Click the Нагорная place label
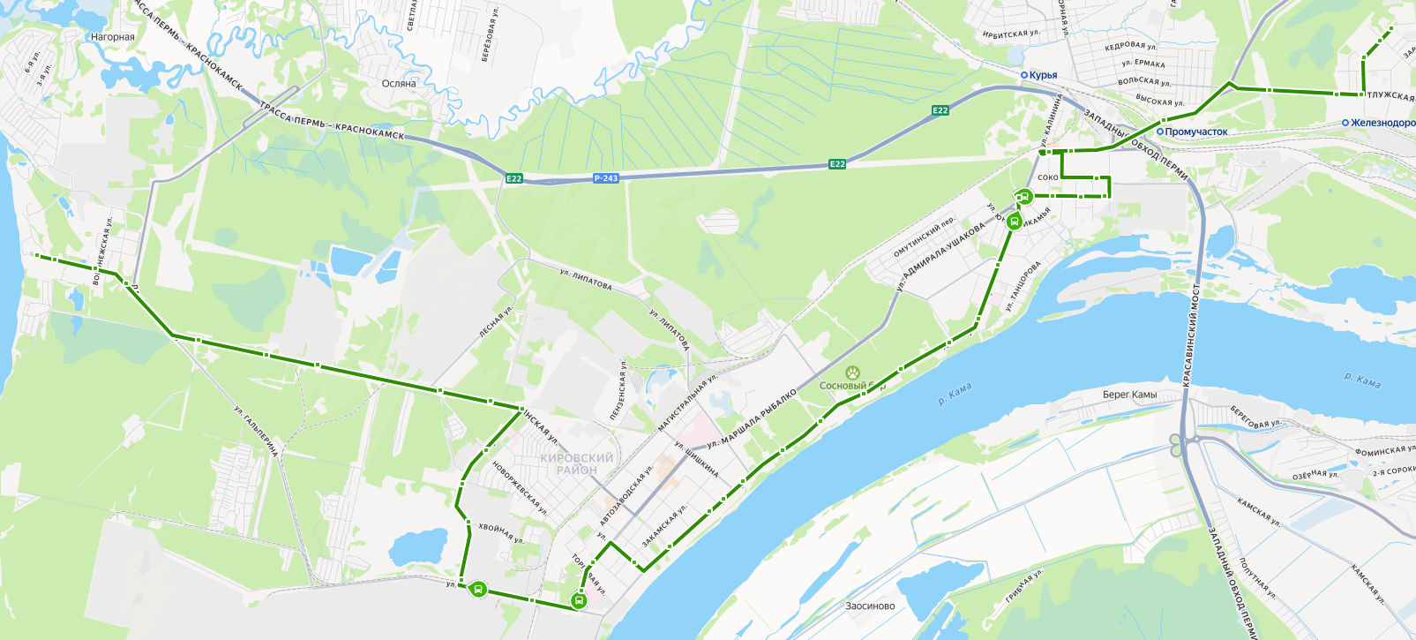tap(113, 37)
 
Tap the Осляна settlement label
tap(399, 84)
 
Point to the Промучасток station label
tap(1195, 132)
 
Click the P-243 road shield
tap(605, 178)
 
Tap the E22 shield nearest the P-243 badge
tap(513, 178)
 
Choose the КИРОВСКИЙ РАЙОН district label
tap(577, 463)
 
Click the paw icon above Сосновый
tap(852, 373)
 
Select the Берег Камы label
tap(1129, 395)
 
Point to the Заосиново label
tap(870, 606)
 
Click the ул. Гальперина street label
tap(256, 431)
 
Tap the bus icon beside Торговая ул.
tap(579, 601)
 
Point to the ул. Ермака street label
tap(1143, 64)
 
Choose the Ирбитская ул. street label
tap(1011, 34)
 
